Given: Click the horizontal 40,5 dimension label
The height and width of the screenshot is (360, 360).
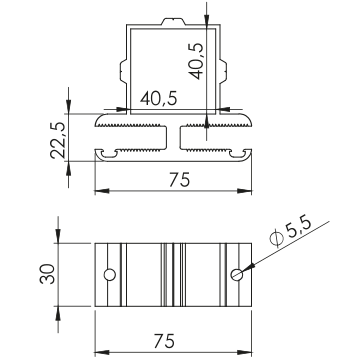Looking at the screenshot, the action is click(158, 99).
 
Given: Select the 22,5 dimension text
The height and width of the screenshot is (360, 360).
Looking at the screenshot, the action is click(57, 140).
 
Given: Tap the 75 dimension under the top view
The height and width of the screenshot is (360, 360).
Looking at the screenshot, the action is click(179, 180).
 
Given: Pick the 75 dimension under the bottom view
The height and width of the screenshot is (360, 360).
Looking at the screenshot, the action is click(164, 341).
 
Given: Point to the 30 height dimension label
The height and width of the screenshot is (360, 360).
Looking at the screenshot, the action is click(47, 274).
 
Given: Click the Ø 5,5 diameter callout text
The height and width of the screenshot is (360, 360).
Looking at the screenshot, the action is click(290, 232).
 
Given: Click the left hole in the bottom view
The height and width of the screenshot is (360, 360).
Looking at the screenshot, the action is click(110, 275).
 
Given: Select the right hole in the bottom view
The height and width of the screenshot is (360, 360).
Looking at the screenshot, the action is click(237, 275).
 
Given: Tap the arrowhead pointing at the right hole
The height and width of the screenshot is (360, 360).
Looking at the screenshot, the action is click(248, 268).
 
